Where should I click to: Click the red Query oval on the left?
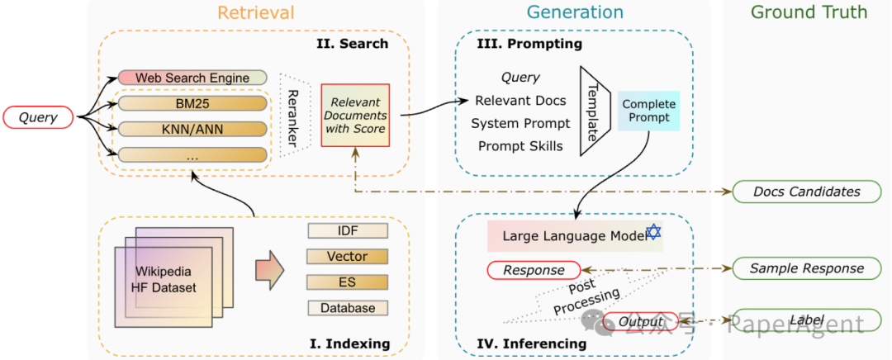click(38, 117)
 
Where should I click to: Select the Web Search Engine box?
click(192, 78)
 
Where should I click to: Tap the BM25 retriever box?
click(192, 104)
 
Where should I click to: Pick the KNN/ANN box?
click(192, 129)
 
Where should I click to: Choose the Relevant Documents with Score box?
click(354, 115)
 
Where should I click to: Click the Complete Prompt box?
click(648, 111)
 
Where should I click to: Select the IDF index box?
click(347, 230)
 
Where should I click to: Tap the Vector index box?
click(347, 256)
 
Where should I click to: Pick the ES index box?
click(347, 282)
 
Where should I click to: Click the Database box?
click(347, 308)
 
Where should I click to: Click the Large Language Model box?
click(574, 235)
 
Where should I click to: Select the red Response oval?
click(534, 270)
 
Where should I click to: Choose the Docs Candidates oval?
click(806, 192)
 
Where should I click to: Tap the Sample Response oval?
click(806, 268)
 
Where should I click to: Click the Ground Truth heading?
click(809, 12)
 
